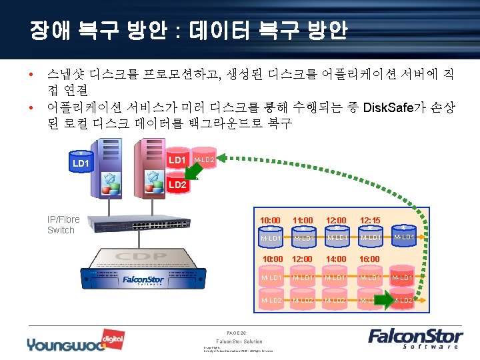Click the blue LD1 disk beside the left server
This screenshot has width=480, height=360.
[x=81, y=162]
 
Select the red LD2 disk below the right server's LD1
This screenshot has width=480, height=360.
[x=177, y=185]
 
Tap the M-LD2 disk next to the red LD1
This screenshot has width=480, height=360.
[x=204, y=160]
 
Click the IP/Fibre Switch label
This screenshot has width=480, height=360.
[x=63, y=224]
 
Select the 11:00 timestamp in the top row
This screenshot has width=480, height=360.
[x=303, y=220]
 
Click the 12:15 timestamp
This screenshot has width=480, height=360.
[x=370, y=220]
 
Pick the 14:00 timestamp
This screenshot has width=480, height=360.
[x=337, y=259]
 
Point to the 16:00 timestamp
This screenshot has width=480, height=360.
[x=370, y=259]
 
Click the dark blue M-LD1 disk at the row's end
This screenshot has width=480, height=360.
[x=405, y=237]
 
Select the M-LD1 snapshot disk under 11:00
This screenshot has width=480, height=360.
[x=304, y=238]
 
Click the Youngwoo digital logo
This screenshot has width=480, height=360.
[x=67, y=342]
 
